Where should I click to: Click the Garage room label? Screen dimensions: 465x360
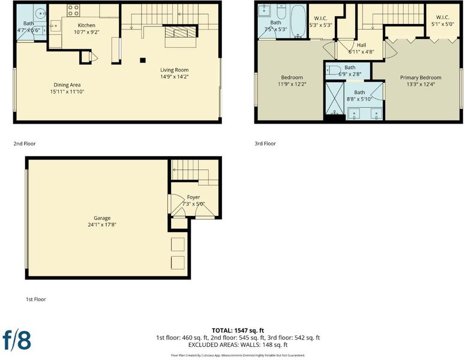point(102,218)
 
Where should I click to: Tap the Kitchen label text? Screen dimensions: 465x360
point(86,25)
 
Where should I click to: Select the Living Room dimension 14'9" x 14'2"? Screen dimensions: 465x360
point(175,77)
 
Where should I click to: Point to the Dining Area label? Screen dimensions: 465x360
point(67,85)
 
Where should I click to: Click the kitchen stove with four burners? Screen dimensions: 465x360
point(73,10)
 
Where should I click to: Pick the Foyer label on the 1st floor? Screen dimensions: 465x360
point(193,197)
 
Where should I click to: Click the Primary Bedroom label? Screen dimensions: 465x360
point(421,77)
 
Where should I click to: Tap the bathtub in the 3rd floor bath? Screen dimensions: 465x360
point(298,22)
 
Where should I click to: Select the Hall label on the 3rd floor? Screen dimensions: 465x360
point(361,45)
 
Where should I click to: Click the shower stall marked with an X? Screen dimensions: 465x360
point(335,98)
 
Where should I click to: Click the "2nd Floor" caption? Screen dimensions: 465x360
point(25,143)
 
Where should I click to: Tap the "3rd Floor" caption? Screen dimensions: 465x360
point(265,143)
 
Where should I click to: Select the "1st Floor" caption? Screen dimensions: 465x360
point(36,299)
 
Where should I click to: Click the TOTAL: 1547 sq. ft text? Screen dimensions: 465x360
point(238,331)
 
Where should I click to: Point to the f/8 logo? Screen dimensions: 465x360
point(17,340)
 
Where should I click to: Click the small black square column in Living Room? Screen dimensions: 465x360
point(143,60)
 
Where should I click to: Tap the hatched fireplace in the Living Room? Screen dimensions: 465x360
point(181,32)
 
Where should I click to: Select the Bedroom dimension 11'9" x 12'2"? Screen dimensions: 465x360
point(292,84)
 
